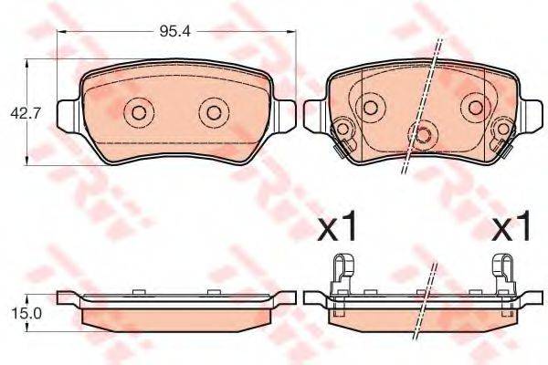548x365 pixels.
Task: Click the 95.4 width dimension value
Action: point(175,32)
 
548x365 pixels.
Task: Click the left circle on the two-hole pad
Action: point(139,113)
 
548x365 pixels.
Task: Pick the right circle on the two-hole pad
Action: point(213,113)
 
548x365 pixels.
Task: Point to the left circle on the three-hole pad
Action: point(371,108)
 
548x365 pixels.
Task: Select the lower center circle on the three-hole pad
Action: point(423,135)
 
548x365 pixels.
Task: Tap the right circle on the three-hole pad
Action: point(475,108)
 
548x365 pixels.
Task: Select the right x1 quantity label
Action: point(511,229)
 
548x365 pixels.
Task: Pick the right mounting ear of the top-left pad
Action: point(286,114)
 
